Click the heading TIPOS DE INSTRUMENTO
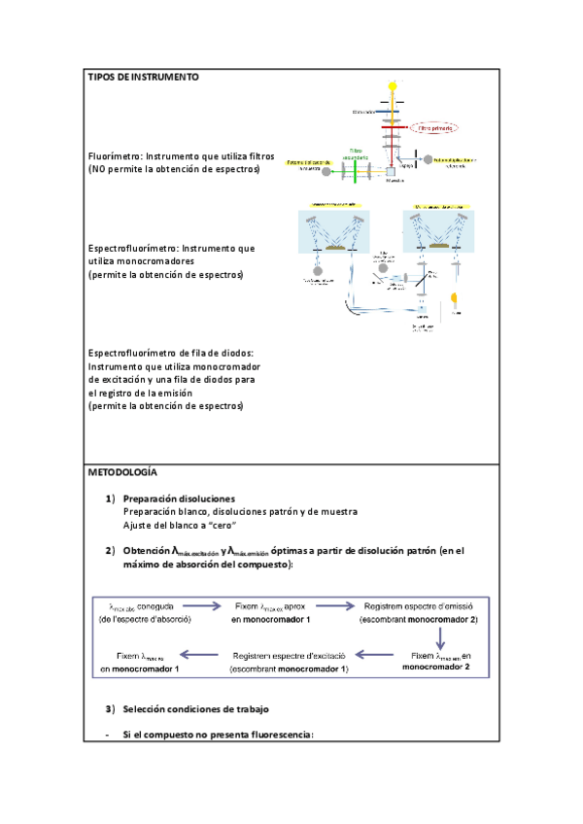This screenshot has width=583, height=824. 143,77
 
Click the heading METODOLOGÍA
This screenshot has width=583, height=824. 121,471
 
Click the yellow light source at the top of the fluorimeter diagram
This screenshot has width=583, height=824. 393,86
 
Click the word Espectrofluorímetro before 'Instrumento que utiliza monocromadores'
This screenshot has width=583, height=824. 132,249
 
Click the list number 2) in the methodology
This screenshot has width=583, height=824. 110,551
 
